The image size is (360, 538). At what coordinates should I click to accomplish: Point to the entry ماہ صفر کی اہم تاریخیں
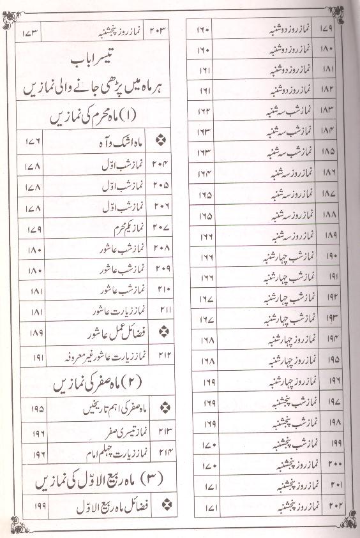tap(108, 407)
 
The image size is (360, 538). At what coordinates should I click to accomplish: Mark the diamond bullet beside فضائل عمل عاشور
tap(161, 333)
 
